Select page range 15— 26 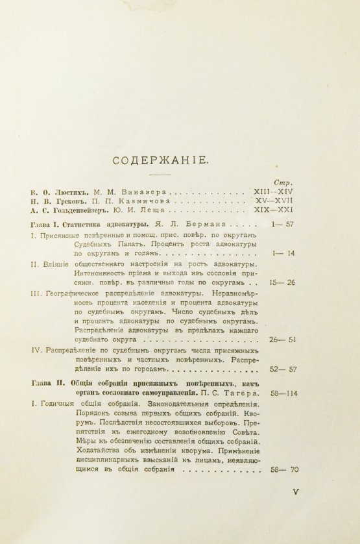click(283, 283)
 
